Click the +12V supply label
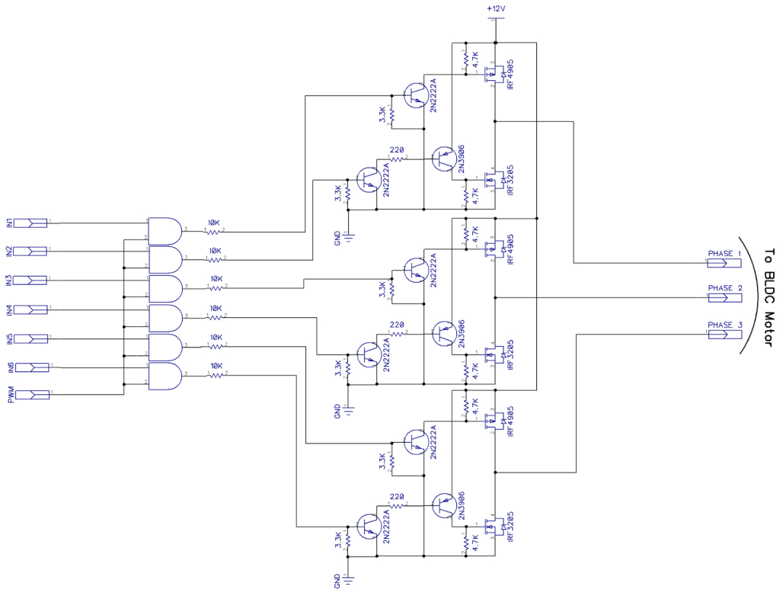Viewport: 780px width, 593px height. coord(496,8)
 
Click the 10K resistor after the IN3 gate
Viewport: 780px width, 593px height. coord(216,288)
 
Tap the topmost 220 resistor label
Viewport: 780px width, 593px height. coord(397,150)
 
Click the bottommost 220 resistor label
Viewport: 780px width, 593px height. coord(397,496)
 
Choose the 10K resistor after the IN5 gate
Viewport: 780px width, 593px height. coord(216,346)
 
